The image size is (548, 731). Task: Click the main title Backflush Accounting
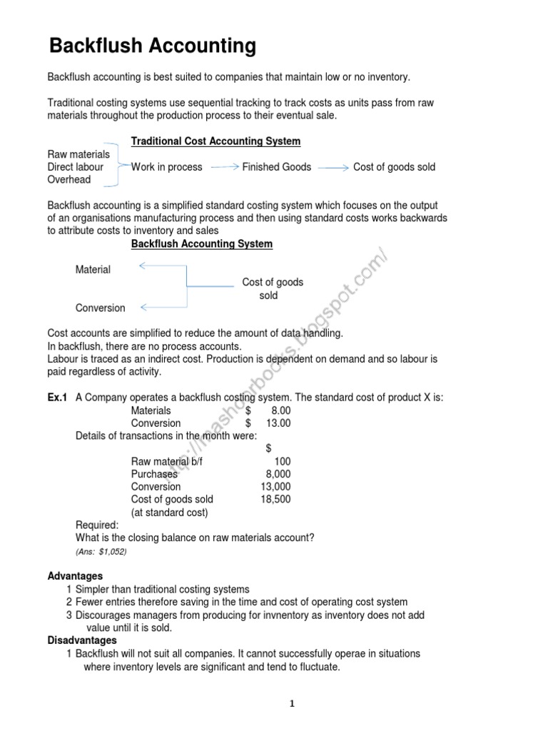(x=152, y=46)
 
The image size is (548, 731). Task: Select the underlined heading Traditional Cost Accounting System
(x=215, y=141)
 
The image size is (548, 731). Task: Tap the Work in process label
(x=166, y=167)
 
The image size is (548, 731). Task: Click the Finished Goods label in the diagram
(x=276, y=167)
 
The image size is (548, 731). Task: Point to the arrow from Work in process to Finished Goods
(x=224, y=167)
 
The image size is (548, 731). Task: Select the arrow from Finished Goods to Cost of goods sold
(x=333, y=167)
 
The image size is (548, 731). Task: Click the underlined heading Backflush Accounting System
(x=201, y=244)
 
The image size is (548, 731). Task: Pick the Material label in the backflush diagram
(x=93, y=270)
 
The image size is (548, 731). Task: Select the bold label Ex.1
(x=57, y=398)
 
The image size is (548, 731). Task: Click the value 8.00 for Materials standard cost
(x=280, y=410)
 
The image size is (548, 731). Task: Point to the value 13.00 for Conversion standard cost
(x=278, y=423)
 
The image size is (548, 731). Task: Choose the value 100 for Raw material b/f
(x=282, y=462)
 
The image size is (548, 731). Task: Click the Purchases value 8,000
(x=278, y=474)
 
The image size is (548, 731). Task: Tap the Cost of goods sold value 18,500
(x=275, y=500)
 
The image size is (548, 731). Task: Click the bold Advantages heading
(x=75, y=575)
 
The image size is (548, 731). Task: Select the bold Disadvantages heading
(x=81, y=641)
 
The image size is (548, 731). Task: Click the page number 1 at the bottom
(x=291, y=704)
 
